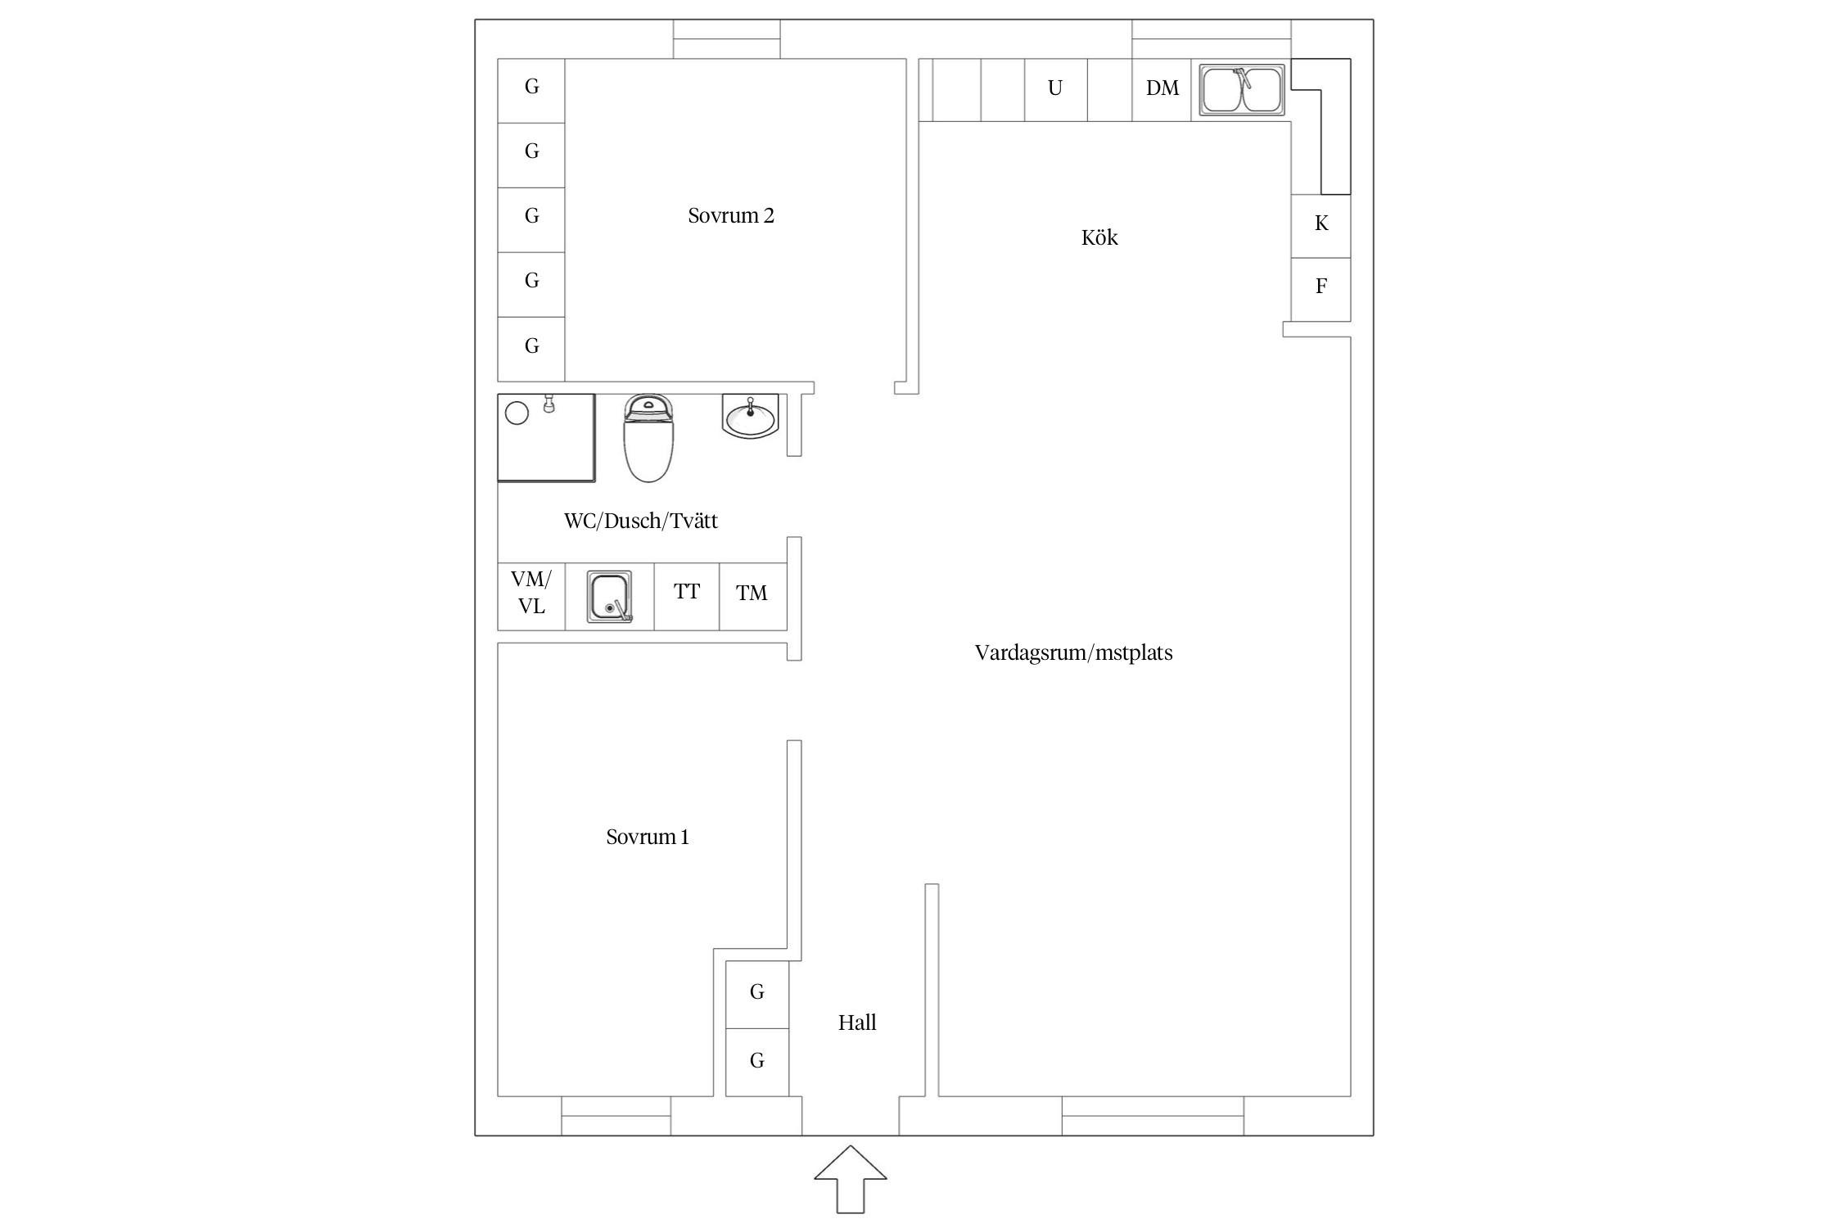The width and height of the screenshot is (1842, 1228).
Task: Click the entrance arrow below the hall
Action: (851, 1179)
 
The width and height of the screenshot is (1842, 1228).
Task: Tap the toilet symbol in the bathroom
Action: (648, 438)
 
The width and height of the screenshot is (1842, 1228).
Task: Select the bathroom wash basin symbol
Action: (750, 417)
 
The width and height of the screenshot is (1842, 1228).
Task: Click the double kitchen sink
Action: (1242, 90)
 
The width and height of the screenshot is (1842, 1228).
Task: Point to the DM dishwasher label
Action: (1163, 88)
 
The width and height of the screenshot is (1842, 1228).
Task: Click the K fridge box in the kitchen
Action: (1321, 226)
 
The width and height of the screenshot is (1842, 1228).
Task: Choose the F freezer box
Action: (1321, 289)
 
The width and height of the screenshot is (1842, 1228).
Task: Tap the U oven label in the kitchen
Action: (1055, 88)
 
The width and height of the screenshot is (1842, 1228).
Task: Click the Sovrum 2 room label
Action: (731, 215)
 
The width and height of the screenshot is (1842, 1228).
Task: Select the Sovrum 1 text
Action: (648, 837)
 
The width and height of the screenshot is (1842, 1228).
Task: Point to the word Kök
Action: (1099, 237)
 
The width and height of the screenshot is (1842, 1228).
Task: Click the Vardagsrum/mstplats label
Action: (1073, 652)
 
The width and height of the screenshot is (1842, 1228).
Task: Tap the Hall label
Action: (857, 1023)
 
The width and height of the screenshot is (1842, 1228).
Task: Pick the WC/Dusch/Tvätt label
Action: (641, 521)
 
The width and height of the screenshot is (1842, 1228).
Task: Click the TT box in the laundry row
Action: (687, 596)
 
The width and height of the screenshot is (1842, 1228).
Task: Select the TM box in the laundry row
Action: (753, 596)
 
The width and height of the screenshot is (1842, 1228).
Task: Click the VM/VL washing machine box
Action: (531, 596)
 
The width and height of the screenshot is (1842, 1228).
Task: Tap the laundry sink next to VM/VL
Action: (610, 597)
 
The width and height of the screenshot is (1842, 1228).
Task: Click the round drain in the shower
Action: (517, 413)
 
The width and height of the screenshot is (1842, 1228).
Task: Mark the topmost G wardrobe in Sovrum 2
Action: (531, 91)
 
